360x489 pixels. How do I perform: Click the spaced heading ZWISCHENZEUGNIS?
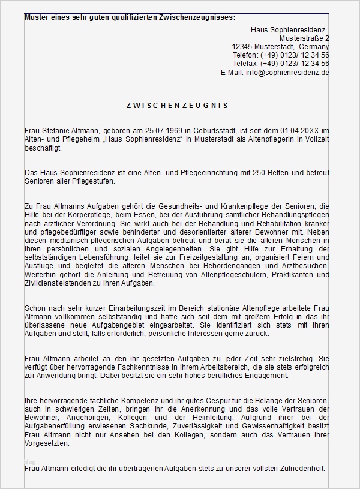[177, 105]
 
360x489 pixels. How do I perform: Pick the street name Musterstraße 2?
[301, 38]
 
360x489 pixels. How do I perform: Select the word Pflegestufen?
[92, 181]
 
